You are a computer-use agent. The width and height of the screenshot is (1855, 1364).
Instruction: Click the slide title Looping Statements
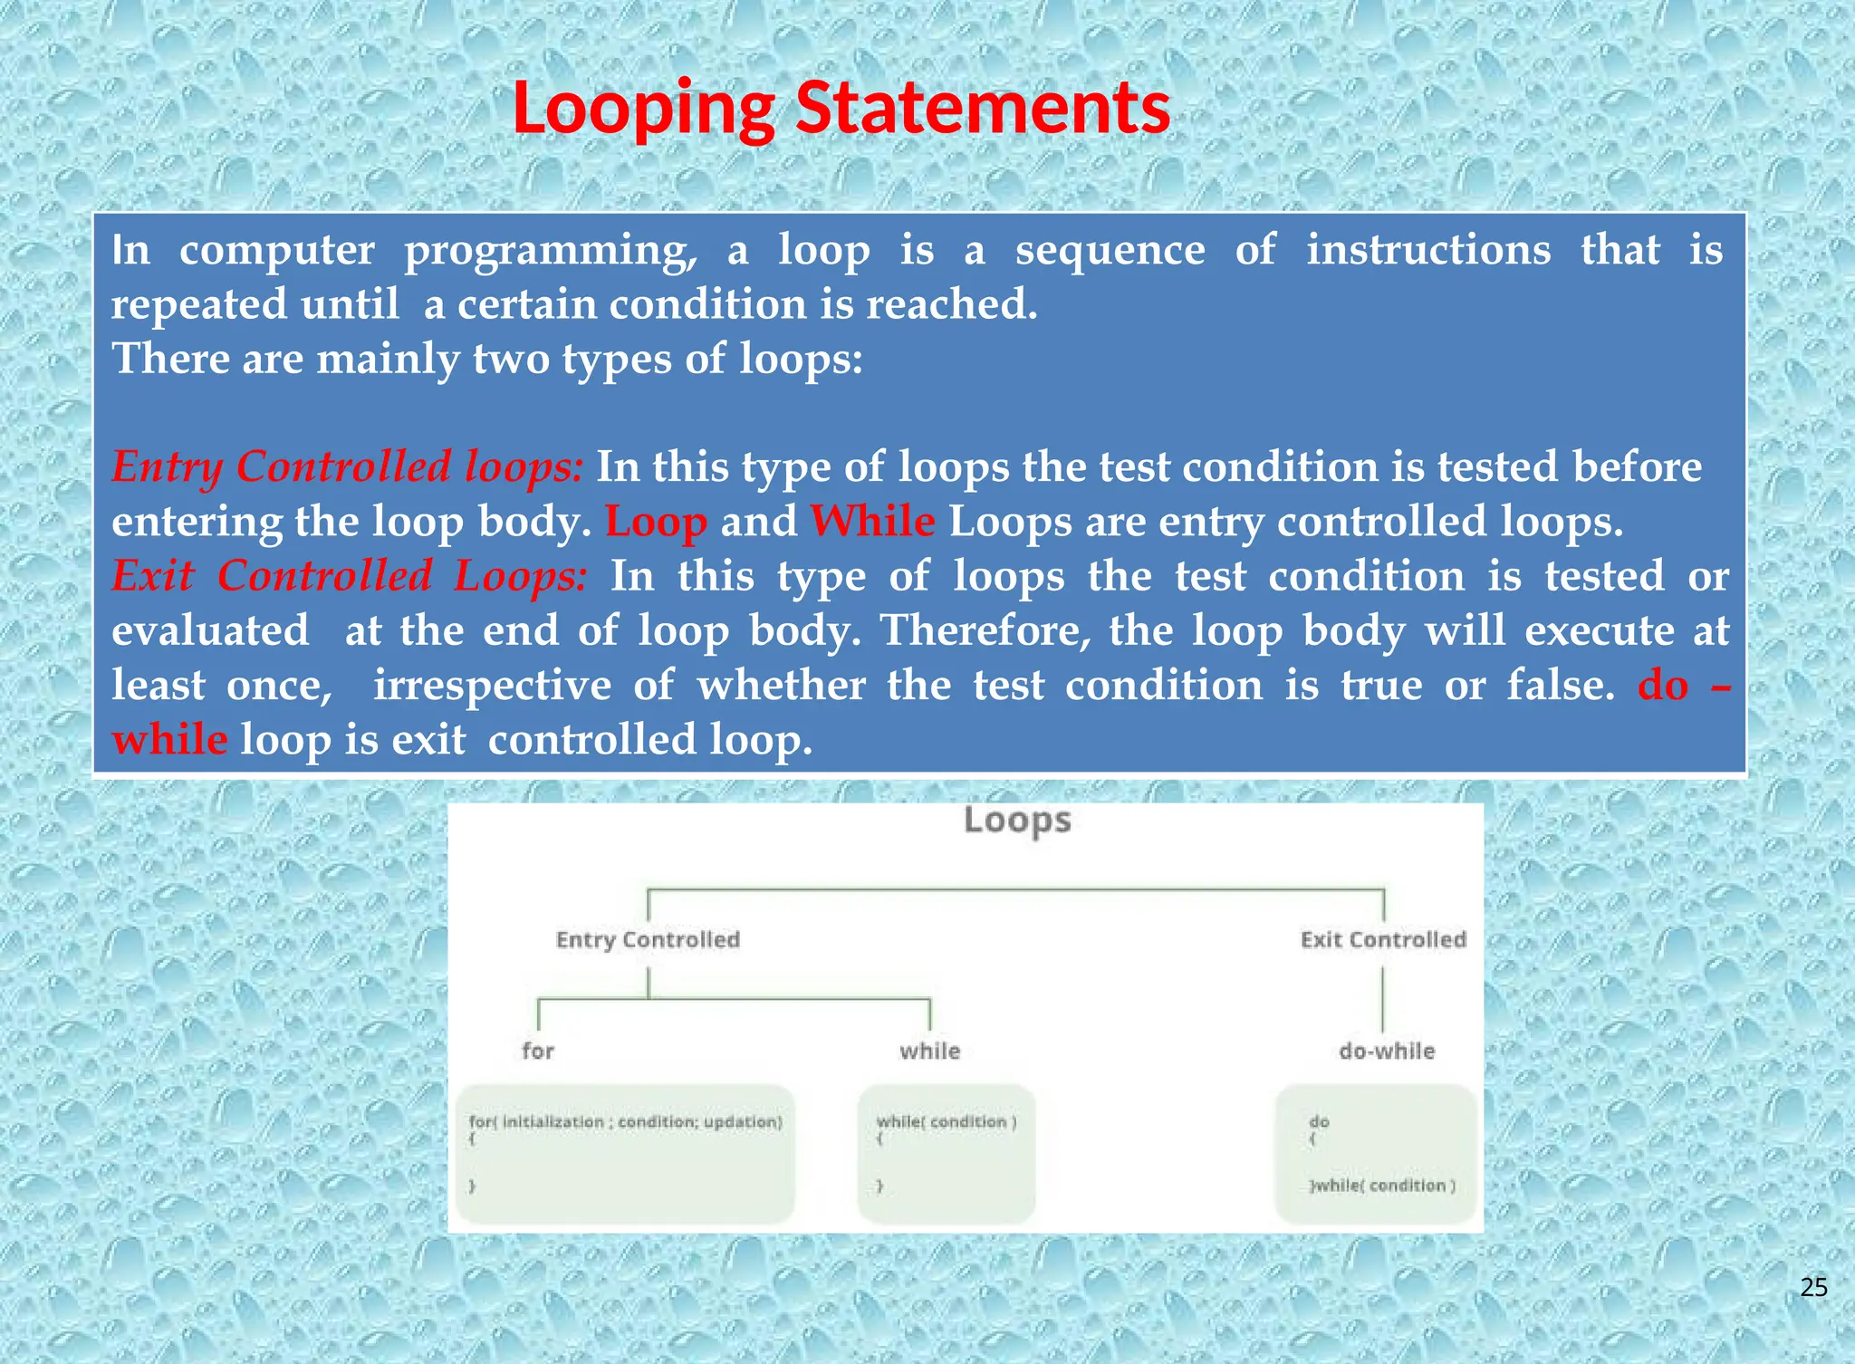(841, 109)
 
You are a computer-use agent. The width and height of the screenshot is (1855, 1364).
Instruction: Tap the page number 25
(1813, 1287)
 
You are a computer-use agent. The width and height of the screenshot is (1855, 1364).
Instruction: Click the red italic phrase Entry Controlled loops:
(348, 467)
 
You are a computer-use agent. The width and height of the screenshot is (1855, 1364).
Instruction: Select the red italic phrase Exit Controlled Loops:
(350, 576)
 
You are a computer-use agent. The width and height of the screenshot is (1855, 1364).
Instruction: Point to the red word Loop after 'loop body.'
(656, 523)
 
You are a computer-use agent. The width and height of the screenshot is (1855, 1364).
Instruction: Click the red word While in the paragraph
(872, 522)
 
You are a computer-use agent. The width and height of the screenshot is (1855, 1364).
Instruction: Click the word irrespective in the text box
(493, 685)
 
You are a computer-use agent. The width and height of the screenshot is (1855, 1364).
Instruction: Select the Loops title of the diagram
(1017, 821)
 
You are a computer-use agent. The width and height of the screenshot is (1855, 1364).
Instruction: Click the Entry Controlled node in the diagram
(648, 940)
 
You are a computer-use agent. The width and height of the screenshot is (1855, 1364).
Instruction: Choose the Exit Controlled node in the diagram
(1383, 940)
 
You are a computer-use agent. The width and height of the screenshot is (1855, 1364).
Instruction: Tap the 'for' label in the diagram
(537, 1051)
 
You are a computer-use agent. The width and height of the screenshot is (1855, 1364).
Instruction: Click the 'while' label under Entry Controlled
(929, 1051)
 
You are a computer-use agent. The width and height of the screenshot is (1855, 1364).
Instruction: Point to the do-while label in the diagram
(1387, 1051)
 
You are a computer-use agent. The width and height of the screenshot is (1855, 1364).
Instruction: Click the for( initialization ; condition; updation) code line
(625, 1122)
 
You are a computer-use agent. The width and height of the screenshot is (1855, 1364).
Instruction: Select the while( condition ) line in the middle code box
(947, 1122)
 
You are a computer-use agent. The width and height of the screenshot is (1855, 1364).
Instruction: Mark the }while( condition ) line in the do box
(1383, 1186)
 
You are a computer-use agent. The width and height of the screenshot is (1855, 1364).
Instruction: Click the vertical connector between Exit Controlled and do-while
(1383, 998)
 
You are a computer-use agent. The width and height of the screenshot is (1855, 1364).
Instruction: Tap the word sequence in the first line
(1110, 250)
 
